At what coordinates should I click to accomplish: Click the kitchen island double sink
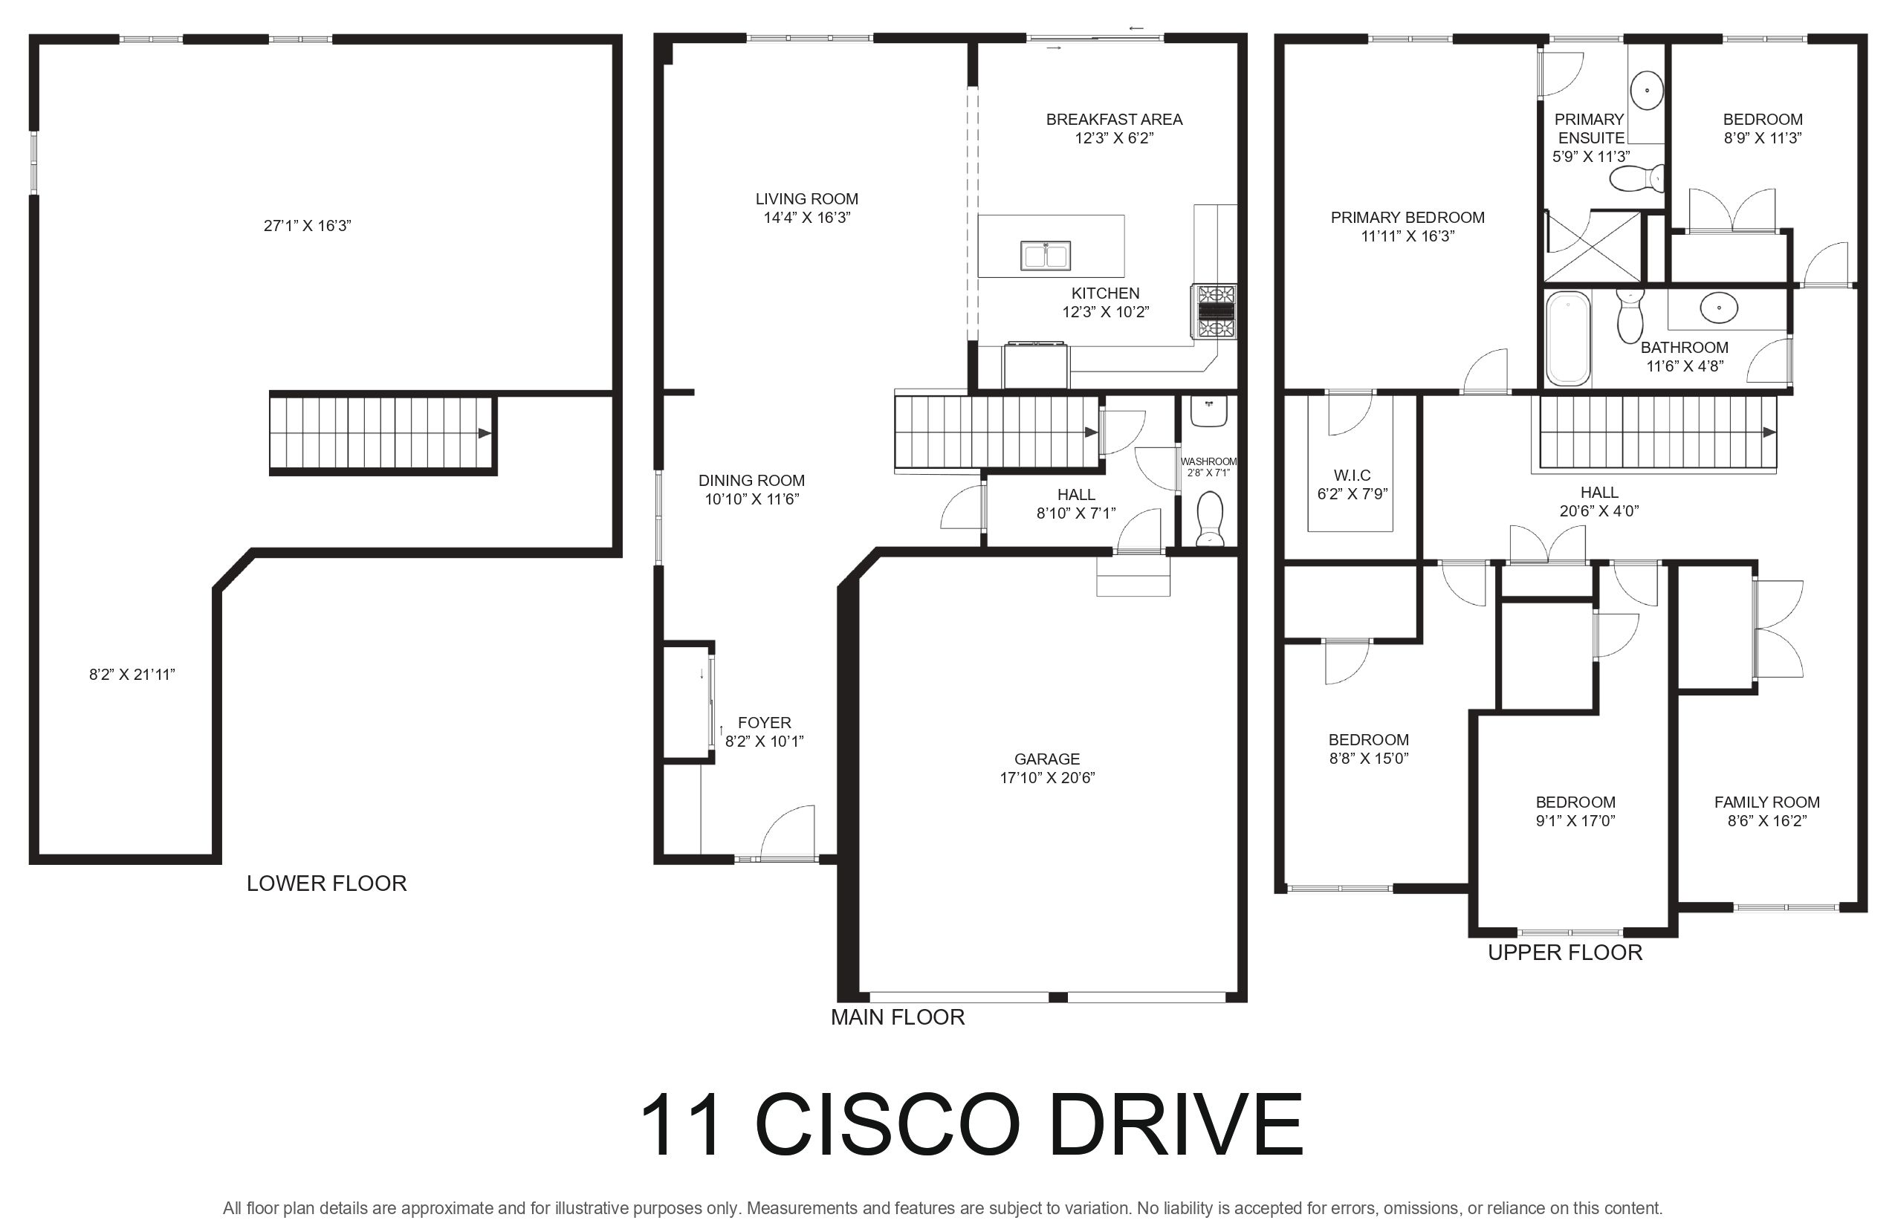[x=1046, y=256]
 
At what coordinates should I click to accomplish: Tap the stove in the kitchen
[x=1214, y=312]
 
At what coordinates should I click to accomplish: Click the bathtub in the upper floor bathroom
[x=1567, y=338]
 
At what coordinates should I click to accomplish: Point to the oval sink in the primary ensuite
[x=1647, y=90]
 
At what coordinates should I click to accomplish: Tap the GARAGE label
[x=1047, y=759]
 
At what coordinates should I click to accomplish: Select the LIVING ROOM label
[x=806, y=198]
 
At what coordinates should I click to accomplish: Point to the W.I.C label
[x=1352, y=475]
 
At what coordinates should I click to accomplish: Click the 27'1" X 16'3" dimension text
[x=308, y=225]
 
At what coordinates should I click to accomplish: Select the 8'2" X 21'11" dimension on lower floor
[x=132, y=675]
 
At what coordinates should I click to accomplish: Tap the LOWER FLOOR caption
[x=326, y=883]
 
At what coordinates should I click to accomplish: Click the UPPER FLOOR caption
[x=1564, y=952]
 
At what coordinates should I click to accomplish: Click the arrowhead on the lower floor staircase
[x=484, y=433]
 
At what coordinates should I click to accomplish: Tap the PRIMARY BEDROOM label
[x=1408, y=217]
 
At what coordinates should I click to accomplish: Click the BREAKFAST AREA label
[x=1114, y=120]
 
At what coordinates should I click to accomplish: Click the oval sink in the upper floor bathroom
[x=1719, y=308]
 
